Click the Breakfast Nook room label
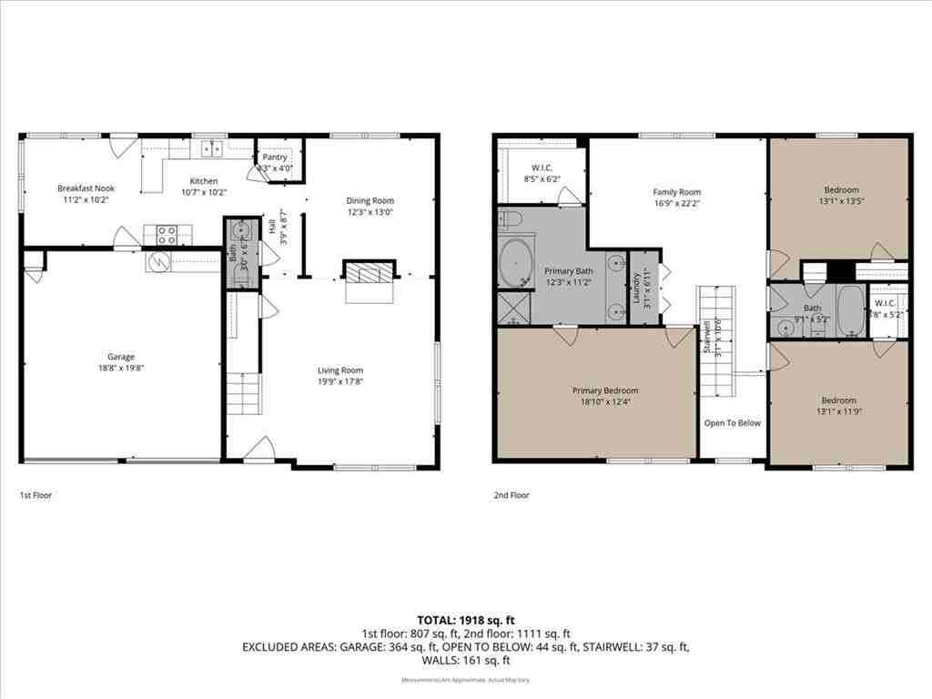(x=86, y=188)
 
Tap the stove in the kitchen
(x=166, y=235)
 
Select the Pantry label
(x=275, y=157)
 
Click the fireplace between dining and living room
(x=370, y=273)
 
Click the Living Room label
(x=340, y=370)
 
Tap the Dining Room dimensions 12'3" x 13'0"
(x=370, y=212)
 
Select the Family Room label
(x=676, y=192)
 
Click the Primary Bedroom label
(x=605, y=390)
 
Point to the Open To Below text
(x=732, y=423)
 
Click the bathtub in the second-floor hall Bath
(x=850, y=310)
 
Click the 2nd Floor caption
(x=511, y=495)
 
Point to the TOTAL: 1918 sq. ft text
(x=465, y=620)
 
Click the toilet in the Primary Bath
(x=509, y=219)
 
